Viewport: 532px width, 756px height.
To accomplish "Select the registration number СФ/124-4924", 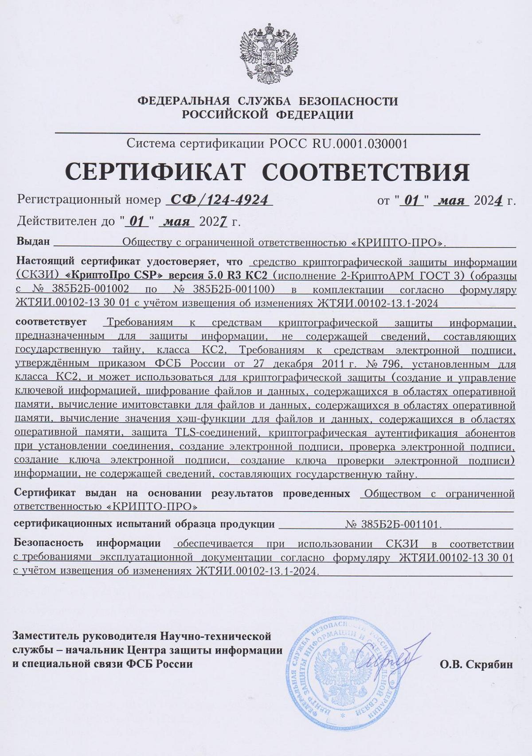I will click(219, 200).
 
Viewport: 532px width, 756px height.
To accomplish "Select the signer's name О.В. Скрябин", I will click(476, 664).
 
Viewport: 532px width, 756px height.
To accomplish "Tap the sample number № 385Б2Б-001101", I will click(393, 525).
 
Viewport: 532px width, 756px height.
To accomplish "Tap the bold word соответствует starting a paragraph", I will click(51, 322).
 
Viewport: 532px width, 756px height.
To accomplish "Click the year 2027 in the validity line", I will click(214, 222).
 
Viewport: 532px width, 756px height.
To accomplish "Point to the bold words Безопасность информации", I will click(87, 544).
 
